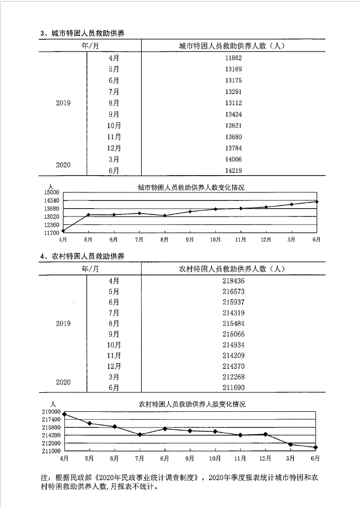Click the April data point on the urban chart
tap(63, 230)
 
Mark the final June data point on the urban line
tap(317, 201)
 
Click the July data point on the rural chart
tap(139, 435)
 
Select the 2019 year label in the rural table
tap(63, 324)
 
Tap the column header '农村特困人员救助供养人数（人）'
tap(231, 269)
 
